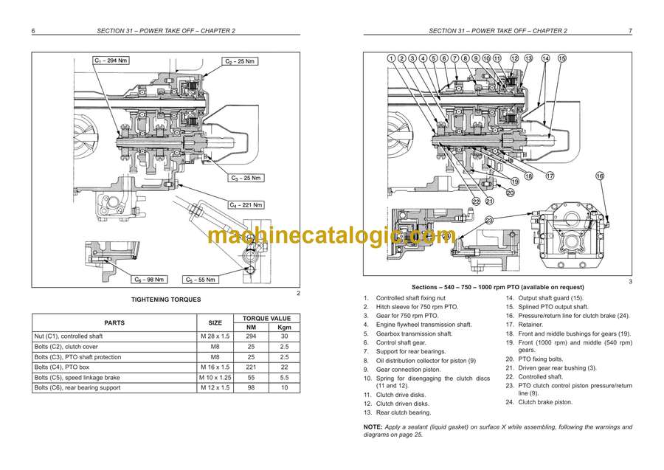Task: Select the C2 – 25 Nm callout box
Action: [241, 62]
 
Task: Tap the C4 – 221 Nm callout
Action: [245, 204]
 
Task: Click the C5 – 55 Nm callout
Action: [201, 280]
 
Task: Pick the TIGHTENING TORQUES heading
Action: [165, 300]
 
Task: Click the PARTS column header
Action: [114, 322]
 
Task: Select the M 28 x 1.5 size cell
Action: [215, 336]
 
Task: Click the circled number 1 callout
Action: [391, 58]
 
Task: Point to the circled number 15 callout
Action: [561, 58]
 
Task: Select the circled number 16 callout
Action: [599, 176]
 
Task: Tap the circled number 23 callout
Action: [488, 220]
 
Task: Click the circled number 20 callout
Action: [510, 193]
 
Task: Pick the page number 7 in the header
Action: [629, 31]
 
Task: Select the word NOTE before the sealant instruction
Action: [373, 427]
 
